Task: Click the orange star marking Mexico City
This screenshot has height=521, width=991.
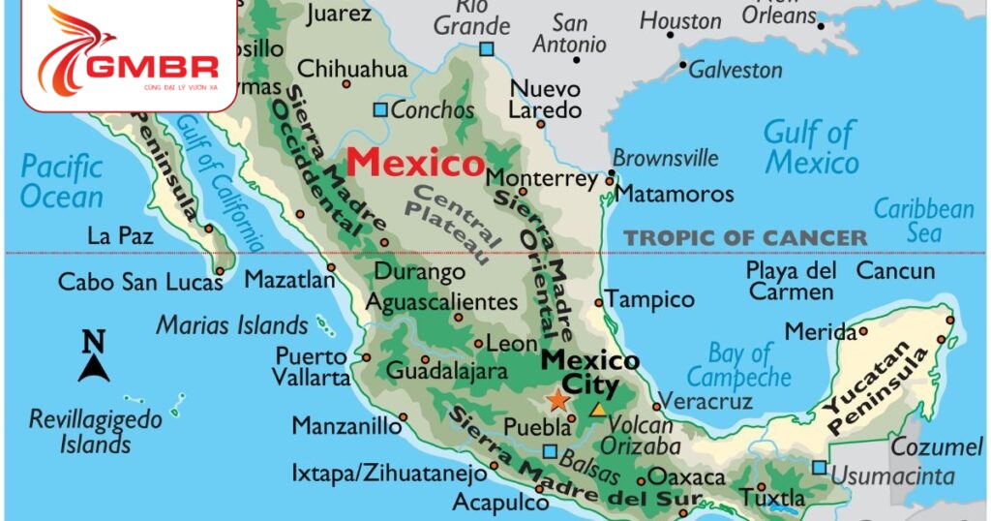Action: (558, 399)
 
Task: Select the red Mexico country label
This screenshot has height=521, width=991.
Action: (415, 163)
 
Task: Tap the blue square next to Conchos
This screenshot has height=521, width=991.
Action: (380, 109)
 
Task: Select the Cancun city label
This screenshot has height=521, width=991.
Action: (895, 271)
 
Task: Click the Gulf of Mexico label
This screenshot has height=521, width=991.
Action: (811, 147)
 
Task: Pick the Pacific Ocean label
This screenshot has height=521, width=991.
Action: (62, 181)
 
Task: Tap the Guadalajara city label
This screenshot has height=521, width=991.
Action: (447, 370)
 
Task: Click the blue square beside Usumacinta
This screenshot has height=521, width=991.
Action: (820, 468)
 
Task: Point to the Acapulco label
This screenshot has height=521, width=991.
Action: (500, 503)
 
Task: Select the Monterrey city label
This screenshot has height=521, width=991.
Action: (542, 179)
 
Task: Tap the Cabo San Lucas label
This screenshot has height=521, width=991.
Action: (140, 282)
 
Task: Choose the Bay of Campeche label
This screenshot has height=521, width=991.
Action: (739, 365)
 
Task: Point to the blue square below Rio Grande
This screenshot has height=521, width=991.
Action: (486, 48)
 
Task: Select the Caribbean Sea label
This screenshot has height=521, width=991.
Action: (924, 221)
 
